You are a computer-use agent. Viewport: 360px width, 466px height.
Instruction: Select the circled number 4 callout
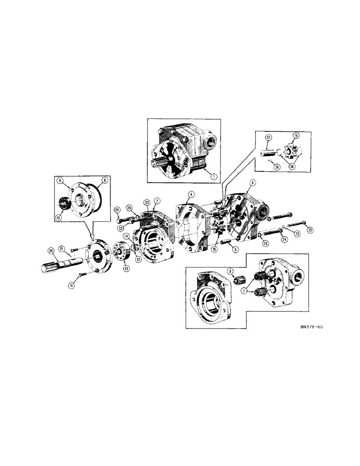[x=191, y=194]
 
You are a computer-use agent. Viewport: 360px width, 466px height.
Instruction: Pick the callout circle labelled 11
[x=71, y=286]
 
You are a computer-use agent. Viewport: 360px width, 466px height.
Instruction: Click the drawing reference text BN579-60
[x=312, y=327]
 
